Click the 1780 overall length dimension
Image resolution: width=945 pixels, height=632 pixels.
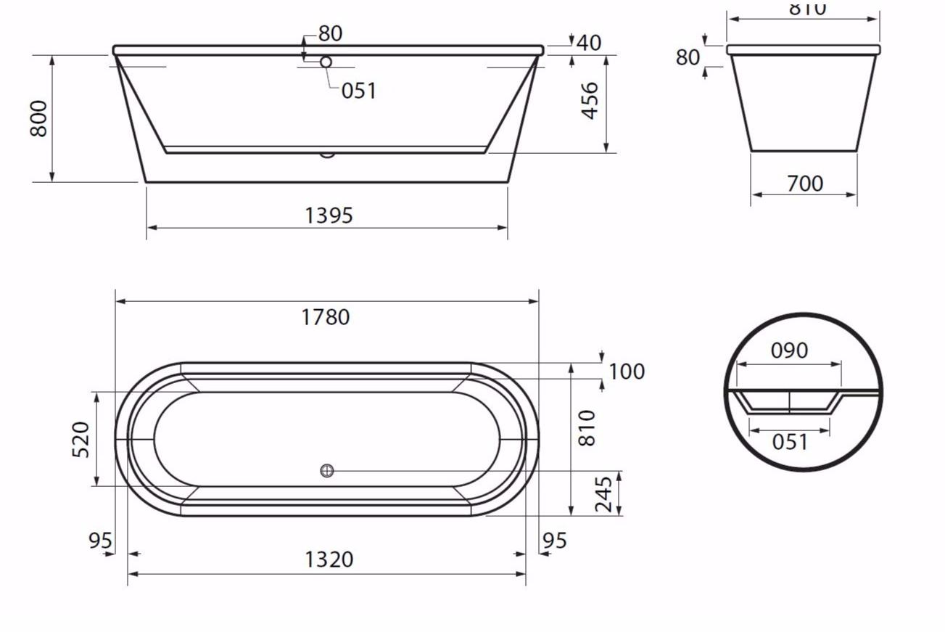pyautogui.click(x=326, y=317)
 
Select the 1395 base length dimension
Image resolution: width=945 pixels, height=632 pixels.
pyautogui.click(x=329, y=216)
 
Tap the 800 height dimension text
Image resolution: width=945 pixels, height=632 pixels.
pyautogui.click(x=38, y=118)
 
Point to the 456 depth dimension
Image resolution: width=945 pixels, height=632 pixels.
pyautogui.click(x=590, y=100)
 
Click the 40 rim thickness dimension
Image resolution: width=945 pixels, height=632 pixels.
pyautogui.click(x=589, y=43)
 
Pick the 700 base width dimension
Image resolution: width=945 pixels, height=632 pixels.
pyautogui.click(x=804, y=184)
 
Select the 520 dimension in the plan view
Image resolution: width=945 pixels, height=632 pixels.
pyautogui.click(x=81, y=439)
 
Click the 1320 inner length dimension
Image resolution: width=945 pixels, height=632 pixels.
pyautogui.click(x=329, y=559)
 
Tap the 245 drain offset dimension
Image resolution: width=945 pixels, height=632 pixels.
pyautogui.click(x=604, y=494)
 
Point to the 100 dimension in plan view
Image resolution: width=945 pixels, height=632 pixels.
pyautogui.click(x=626, y=372)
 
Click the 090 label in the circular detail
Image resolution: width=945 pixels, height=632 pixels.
pyautogui.click(x=789, y=350)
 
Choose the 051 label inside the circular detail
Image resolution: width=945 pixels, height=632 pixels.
pyautogui.click(x=789, y=441)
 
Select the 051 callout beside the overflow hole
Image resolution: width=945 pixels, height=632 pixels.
pyautogui.click(x=359, y=91)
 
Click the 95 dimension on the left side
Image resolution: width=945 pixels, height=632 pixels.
pyautogui.click(x=100, y=541)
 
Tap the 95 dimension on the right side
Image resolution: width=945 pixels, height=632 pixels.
pyautogui.click(x=555, y=541)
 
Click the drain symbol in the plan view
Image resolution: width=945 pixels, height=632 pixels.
pyautogui.click(x=327, y=471)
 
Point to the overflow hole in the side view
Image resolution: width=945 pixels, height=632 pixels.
pyautogui.click(x=326, y=62)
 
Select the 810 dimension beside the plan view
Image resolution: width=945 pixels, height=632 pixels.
pyautogui.click(x=587, y=427)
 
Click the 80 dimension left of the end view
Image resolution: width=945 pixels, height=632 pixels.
pyautogui.click(x=688, y=57)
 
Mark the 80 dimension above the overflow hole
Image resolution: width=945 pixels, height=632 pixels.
pyautogui.click(x=330, y=33)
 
